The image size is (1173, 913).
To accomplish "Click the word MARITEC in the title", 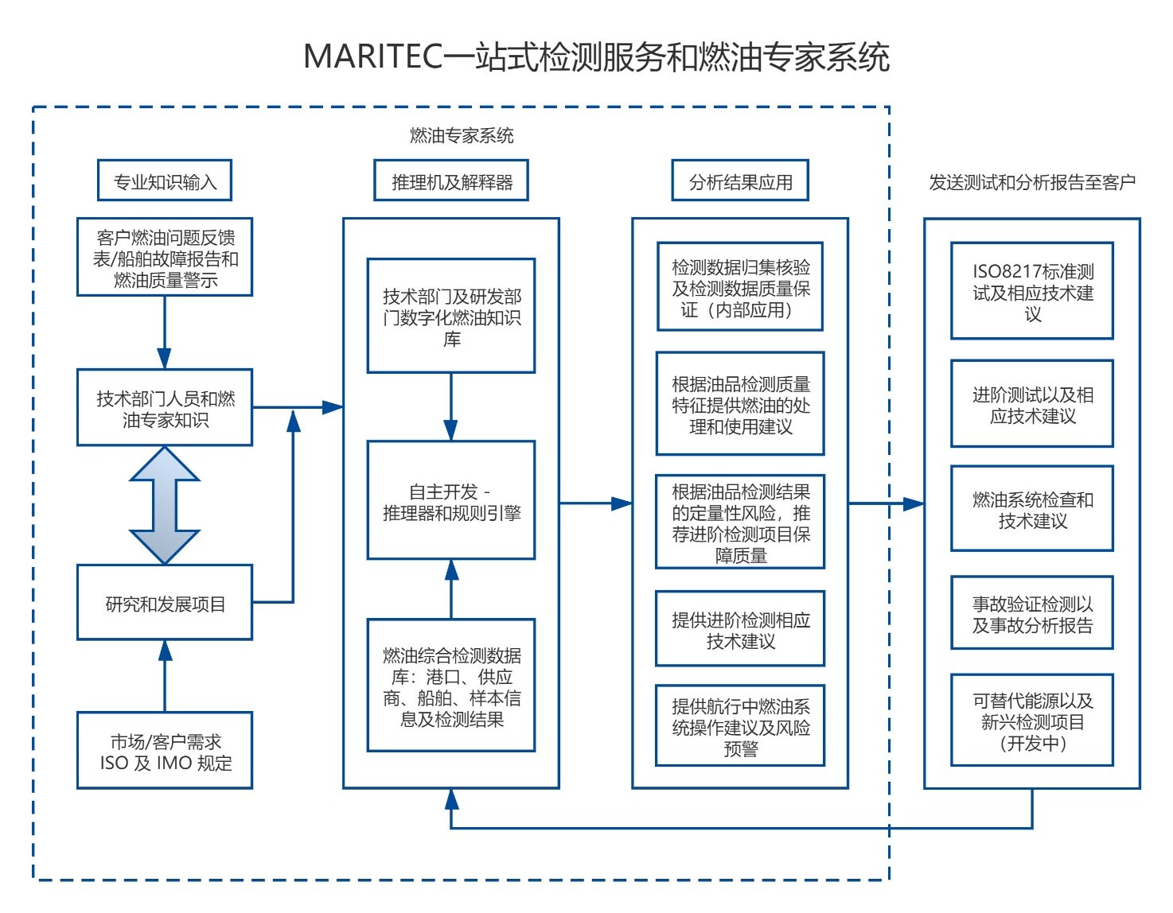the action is (x=373, y=56).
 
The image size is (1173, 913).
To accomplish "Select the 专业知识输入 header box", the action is (x=165, y=180).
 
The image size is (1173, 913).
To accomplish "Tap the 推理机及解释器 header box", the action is (x=451, y=180).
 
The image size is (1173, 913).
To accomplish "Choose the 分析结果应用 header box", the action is (x=740, y=180).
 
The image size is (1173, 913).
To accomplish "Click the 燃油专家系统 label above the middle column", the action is (x=462, y=135).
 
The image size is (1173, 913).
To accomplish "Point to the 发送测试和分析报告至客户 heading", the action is (x=1032, y=182).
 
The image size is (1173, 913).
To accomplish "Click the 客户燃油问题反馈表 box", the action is (x=165, y=257).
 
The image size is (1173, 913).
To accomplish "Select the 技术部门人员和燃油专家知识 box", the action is (x=165, y=407).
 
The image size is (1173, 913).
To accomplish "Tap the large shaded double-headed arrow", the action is (x=165, y=505).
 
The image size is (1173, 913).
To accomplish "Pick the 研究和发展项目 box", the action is (x=165, y=602).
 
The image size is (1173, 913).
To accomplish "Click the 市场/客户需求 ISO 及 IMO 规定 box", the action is (x=165, y=750).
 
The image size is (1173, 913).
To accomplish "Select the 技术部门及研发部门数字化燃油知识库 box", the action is (x=451, y=316).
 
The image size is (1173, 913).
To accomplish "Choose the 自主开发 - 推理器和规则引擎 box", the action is (x=451, y=500).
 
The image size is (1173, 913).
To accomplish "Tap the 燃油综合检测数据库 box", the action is (x=451, y=685).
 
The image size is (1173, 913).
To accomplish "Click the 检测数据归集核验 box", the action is (x=740, y=286).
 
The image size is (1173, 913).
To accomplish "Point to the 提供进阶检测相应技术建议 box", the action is (x=740, y=629).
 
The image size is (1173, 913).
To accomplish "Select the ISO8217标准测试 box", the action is (x=1032, y=290).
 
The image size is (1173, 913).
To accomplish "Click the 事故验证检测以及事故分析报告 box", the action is (x=1032, y=612).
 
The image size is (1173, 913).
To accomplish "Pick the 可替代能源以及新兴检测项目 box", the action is (x=1032, y=720).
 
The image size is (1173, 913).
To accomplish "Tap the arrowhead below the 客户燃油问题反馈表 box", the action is (x=165, y=359).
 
